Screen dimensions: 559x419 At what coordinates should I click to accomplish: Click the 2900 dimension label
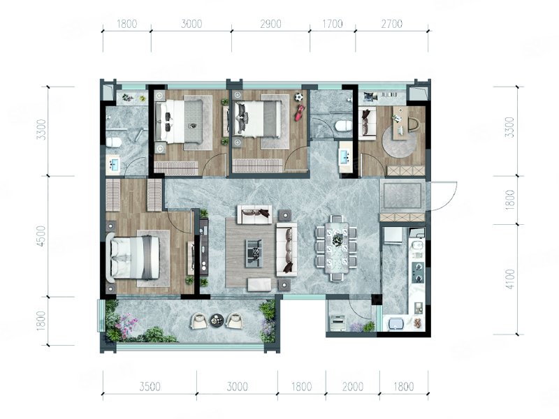(270, 24)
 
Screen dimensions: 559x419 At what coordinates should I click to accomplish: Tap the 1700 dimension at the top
(333, 24)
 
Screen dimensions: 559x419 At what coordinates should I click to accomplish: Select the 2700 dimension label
(392, 24)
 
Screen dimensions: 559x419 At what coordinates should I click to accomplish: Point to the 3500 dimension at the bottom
(150, 387)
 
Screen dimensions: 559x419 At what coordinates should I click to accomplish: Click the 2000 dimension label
(353, 387)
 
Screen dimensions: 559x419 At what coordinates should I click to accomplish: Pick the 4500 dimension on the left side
(41, 236)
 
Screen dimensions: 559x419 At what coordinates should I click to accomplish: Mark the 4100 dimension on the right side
(511, 279)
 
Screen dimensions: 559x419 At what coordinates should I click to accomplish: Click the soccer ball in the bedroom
(298, 96)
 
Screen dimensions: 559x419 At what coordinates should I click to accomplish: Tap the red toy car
(299, 113)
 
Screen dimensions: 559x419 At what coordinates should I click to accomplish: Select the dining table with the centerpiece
(336, 249)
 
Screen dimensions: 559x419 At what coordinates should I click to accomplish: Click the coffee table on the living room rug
(254, 253)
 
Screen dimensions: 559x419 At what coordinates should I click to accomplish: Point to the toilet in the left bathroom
(114, 142)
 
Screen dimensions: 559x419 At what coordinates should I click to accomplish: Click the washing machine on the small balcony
(337, 323)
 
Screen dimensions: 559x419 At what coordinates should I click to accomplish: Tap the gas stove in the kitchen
(418, 272)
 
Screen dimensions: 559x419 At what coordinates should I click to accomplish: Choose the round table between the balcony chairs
(216, 320)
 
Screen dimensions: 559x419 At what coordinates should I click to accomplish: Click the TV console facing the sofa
(203, 247)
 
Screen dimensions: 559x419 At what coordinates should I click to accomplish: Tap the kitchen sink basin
(395, 324)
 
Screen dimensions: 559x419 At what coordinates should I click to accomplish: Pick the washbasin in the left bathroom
(114, 164)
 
